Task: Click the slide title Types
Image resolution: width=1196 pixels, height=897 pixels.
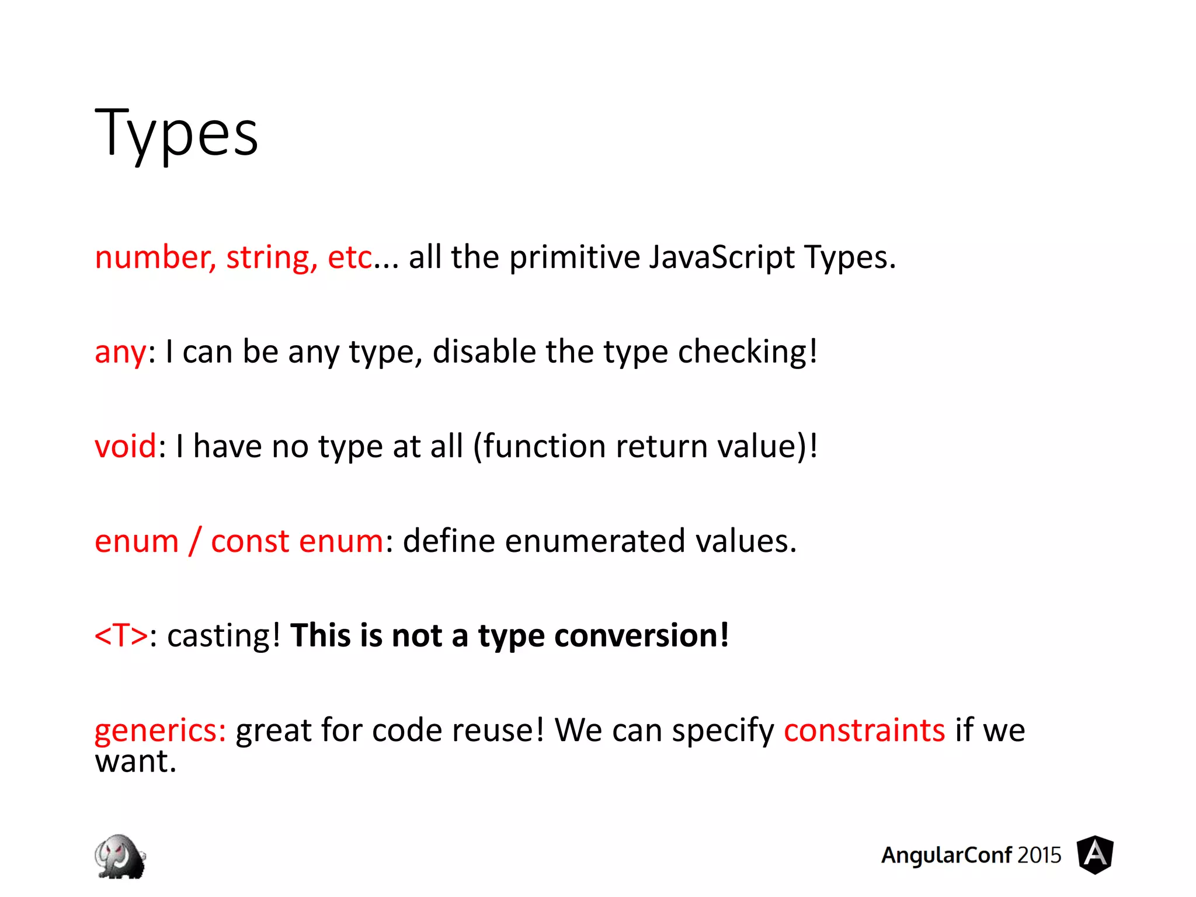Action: coord(176,134)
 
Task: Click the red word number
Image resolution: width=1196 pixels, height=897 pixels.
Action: coord(155,258)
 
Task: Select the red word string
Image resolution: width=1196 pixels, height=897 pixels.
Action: coord(272,258)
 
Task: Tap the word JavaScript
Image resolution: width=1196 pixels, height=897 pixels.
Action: coord(722,258)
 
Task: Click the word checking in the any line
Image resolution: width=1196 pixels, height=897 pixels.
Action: coord(747,352)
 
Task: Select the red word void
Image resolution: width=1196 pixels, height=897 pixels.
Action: coord(126,447)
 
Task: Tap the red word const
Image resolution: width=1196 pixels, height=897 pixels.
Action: coord(250,541)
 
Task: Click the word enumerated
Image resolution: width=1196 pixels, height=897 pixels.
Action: coord(594,541)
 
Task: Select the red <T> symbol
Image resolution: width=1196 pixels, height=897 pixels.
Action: coord(121,635)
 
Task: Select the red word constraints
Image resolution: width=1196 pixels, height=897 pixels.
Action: coord(864,731)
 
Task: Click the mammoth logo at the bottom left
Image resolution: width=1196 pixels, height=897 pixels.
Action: coord(120,856)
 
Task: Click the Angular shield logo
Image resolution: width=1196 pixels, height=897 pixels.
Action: coord(1095,855)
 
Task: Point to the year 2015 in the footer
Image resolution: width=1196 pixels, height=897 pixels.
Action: coord(1039,856)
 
